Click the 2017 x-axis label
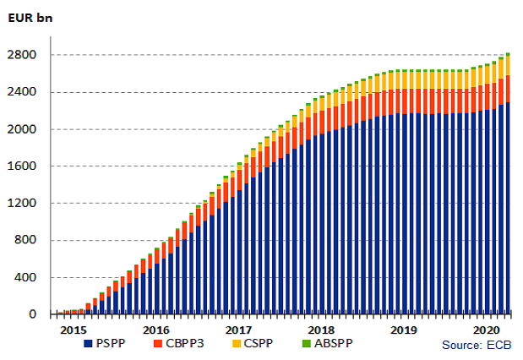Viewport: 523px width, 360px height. click(239, 330)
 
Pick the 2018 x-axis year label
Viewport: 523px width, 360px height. click(322, 330)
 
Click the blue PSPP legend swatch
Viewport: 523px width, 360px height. click(88, 345)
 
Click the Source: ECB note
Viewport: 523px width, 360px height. click(477, 346)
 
